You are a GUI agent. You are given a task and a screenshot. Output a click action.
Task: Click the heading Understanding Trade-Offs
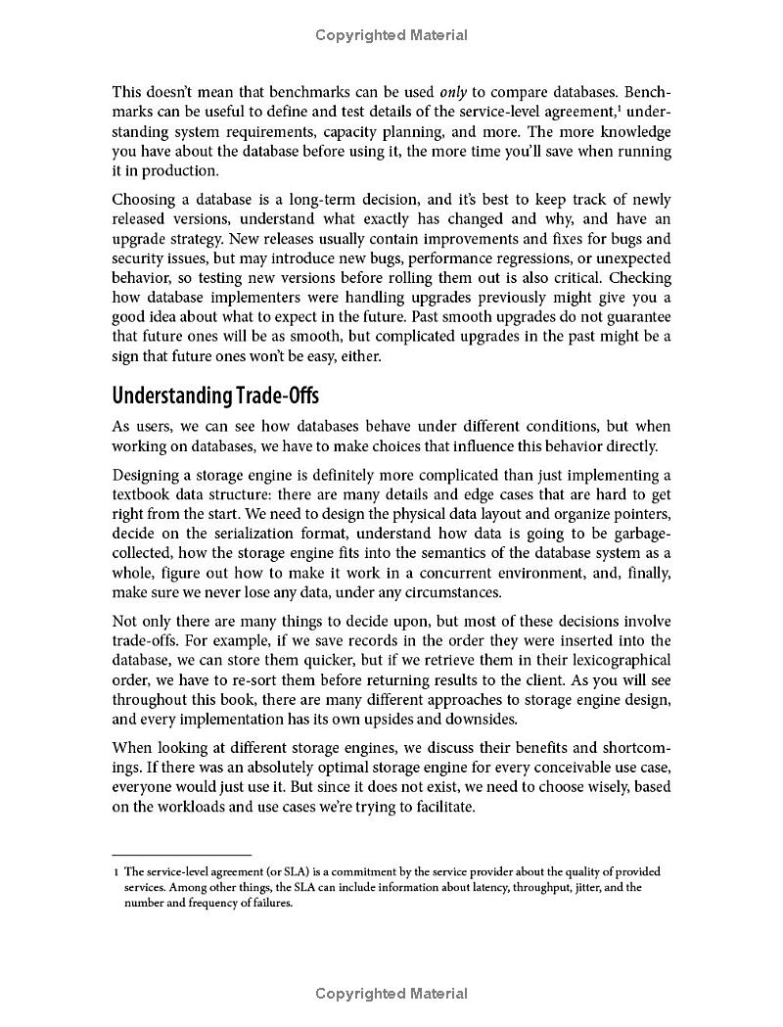coord(215,396)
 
